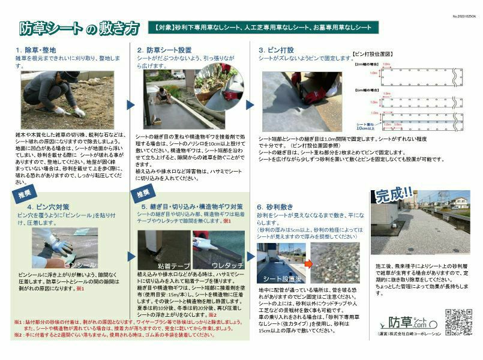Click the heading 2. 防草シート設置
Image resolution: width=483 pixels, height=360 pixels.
[164, 50]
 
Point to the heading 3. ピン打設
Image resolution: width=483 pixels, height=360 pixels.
[277, 50]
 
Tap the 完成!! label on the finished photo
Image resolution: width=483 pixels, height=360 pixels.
[394, 196]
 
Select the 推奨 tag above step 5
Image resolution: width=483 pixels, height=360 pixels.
[143, 194]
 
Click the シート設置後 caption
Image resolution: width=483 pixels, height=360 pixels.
[278, 278]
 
